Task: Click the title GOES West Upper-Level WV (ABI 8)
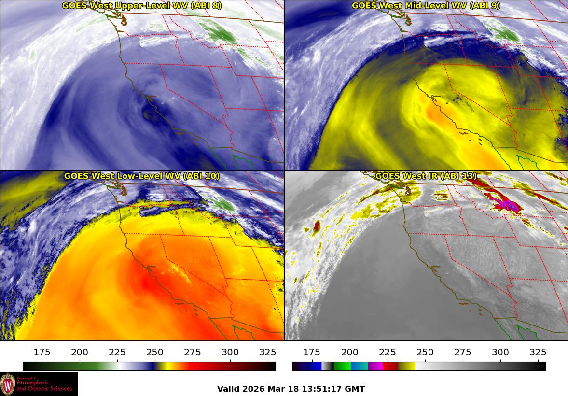click(x=141, y=6)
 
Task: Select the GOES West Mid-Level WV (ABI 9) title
click(x=426, y=6)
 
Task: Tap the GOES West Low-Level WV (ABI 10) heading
click(x=141, y=176)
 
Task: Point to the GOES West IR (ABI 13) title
click(x=426, y=176)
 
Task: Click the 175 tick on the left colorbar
click(x=42, y=352)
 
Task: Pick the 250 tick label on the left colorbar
click(x=155, y=352)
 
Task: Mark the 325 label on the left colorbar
click(x=268, y=352)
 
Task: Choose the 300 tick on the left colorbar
click(x=230, y=352)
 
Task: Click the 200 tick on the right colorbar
click(x=350, y=352)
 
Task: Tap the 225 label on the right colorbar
click(x=388, y=352)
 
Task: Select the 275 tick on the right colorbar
click(x=463, y=352)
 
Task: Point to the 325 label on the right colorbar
click(x=538, y=352)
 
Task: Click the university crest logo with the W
click(x=8, y=384)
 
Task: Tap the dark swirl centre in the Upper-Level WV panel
click(x=148, y=113)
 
